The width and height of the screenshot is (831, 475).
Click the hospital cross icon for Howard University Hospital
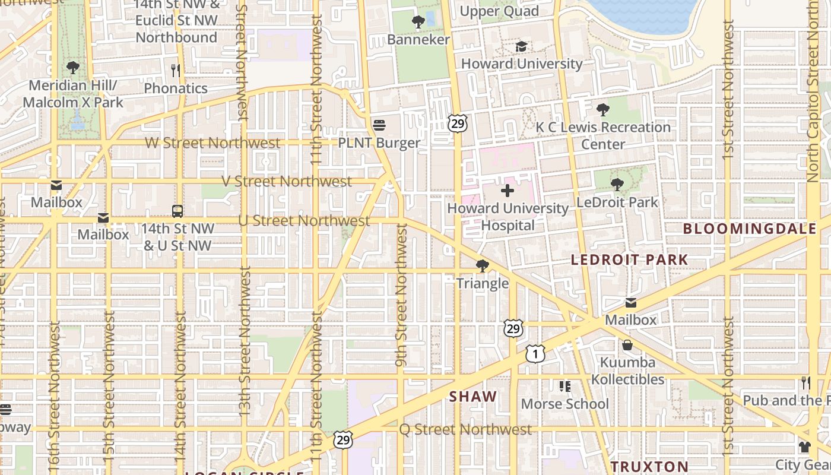tap(508, 191)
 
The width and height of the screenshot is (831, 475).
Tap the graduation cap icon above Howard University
tap(522, 46)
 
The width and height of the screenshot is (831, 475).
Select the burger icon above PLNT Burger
tap(379, 125)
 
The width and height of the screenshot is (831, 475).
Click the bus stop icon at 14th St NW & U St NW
tap(177, 211)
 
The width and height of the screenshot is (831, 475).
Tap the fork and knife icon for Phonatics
tap(176, 71)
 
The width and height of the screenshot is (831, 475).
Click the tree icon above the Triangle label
tap(483, 265)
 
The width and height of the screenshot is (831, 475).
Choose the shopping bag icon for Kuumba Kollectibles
tap(627, 345)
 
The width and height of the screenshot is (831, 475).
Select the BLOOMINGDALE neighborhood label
tap(749, 229)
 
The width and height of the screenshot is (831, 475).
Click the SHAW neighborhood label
tap(473, 397)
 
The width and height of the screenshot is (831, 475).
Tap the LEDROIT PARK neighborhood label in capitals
tap(629, 259)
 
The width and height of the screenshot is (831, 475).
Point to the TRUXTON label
tap(649, 467)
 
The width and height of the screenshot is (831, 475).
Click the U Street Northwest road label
tap(304, 221)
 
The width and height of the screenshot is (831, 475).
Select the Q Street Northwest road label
tap(465, 429)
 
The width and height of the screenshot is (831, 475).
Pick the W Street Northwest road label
tap(212, 143)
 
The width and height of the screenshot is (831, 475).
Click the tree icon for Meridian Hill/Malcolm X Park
tap(73, 67)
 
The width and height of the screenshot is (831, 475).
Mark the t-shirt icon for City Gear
tap(804, 447)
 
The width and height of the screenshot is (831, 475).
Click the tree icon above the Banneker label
tap(418, 22)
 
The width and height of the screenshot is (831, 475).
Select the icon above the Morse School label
tap(564, 387)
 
